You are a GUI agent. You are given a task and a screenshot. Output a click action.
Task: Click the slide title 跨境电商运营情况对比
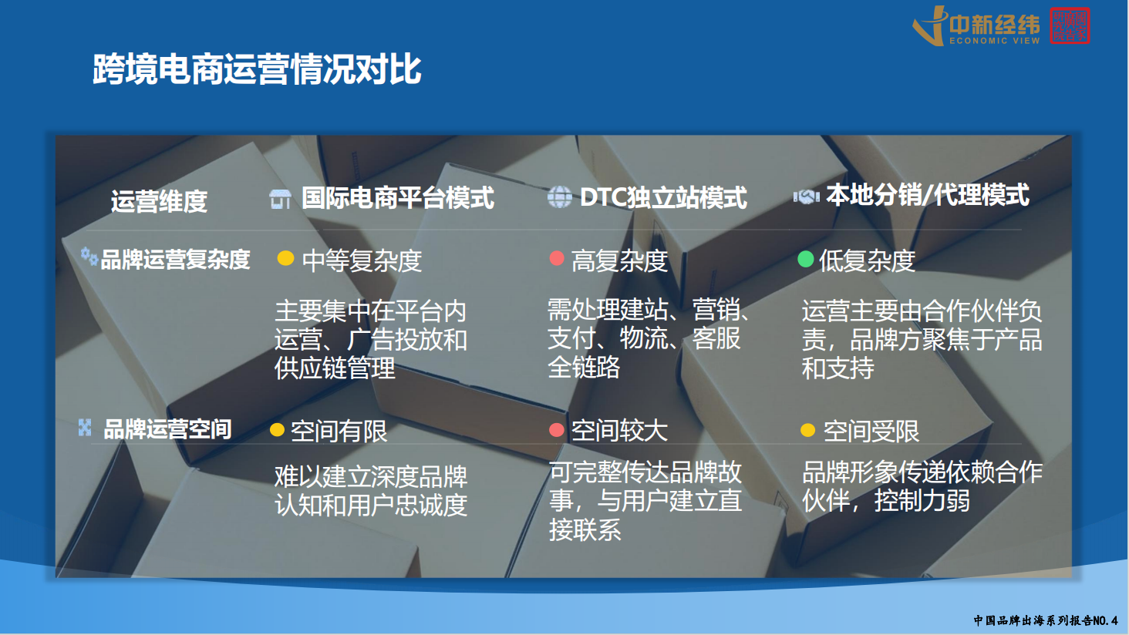click(257, 69)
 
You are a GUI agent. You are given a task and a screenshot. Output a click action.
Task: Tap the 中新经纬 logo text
click(994, 25)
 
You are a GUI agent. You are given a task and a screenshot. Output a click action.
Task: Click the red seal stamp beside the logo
click(1070, 25)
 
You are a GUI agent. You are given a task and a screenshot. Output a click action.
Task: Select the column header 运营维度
click(159, 201)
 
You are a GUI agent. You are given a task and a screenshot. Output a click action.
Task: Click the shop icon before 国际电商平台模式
click(280, 199)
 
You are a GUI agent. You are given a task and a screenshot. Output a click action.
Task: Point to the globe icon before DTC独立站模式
click(559, 197)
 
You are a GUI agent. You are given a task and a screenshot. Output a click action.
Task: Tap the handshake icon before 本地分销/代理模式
click(807, 197)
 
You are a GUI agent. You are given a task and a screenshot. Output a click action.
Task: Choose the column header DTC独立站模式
click(663, 198)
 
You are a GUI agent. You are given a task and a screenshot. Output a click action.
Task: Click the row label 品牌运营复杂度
click(175, 260)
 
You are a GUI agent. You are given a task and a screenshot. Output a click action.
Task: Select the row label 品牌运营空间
click(167, 429)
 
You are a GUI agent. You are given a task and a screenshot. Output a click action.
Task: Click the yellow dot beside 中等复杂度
click(285, 258)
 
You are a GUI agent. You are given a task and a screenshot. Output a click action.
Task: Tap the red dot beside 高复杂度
click(557, 258)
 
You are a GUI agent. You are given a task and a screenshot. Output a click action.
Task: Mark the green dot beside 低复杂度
click(806, 259)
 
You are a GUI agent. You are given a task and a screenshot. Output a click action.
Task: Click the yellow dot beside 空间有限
click(278, 429)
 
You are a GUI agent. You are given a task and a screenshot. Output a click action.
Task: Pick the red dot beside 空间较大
click(557, 429)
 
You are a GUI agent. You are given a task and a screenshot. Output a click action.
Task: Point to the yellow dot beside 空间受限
click(808, 430)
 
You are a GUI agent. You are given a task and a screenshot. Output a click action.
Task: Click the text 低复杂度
click(867, 261)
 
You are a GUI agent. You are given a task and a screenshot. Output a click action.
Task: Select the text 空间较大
click(619, 431)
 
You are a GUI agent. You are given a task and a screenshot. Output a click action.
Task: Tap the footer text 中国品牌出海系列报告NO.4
click(1045, 620)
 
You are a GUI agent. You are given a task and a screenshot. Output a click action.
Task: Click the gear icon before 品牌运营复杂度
click(89, 254)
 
